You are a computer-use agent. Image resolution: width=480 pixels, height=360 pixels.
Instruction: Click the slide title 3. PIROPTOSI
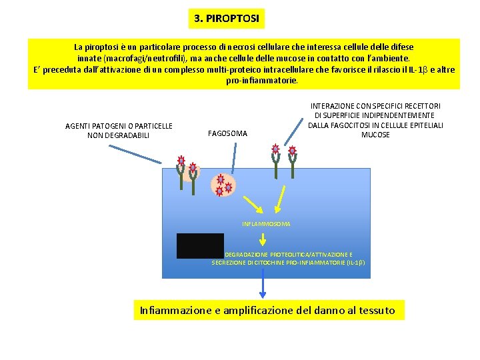226,18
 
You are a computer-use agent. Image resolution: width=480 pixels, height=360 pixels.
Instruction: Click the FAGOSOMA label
227,133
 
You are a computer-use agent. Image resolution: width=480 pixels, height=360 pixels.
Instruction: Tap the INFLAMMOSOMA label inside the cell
266,224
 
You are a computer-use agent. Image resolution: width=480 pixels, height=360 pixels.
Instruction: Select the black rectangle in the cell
200,245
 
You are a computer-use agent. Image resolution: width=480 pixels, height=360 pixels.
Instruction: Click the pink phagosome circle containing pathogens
222,184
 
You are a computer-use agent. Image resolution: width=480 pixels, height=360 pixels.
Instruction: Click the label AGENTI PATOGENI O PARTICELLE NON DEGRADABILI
119,131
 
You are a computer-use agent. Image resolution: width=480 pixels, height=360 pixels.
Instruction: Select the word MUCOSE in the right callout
375,135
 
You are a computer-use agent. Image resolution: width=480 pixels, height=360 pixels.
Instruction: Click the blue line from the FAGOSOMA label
233,158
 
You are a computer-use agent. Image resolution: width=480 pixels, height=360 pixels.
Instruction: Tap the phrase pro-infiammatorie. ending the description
262,80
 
